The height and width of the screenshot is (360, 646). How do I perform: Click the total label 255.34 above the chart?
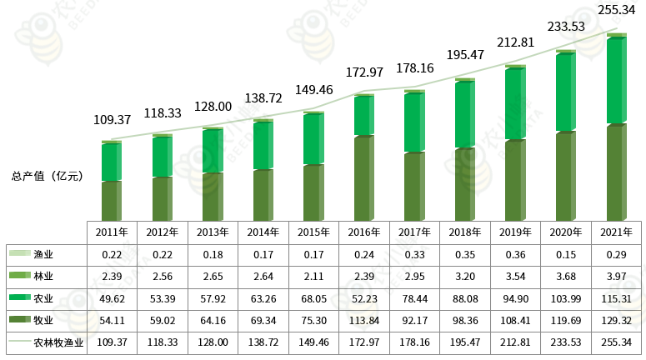coord(617,10)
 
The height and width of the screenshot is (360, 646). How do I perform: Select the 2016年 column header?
coord(363,232)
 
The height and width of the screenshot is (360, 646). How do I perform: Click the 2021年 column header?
coord(617,232)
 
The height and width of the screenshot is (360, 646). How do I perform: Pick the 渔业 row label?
coord(43,253)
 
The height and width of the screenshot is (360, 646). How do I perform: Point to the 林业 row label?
coord(43,275)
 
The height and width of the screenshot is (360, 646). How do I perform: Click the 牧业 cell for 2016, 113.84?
coord(363,319)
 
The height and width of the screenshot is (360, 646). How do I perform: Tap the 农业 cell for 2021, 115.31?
coord(617,297)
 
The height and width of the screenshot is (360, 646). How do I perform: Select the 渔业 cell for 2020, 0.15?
coord(566,253)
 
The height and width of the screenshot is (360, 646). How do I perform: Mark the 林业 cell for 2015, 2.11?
coord(313,275)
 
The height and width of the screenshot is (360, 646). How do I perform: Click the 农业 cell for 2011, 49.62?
coord(111,297)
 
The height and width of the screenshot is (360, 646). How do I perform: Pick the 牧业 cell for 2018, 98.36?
coord(464,319)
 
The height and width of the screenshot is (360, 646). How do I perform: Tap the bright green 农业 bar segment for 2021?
coord(615,82)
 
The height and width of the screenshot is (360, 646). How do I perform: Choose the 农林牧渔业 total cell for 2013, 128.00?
coord(213,342)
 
